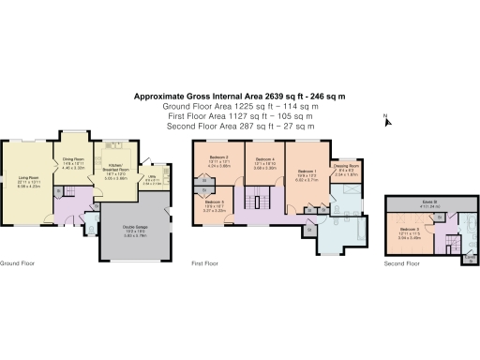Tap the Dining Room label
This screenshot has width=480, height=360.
tap(73, 161)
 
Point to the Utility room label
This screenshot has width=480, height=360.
tap(151, 179)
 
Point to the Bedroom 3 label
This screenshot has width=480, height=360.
tap(407, 230)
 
